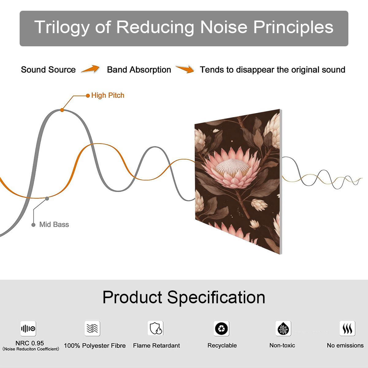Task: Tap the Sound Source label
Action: click(48, 70)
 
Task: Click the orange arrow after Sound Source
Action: click(90, 69)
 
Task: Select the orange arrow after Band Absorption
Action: click(185, 69)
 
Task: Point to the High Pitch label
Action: click(108, 95)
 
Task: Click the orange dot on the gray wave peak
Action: click(62, 110)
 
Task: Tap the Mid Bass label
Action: click(54, 224)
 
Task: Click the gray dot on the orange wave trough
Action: click(47, 199)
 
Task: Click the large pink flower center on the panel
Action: click(232, 167)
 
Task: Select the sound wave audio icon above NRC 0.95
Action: click(28, 328)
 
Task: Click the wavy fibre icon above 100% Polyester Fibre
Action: click(92, 328)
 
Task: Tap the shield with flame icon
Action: click(155, 328)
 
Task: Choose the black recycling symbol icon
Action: click(221, 328)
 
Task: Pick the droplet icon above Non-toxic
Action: click(283, 328)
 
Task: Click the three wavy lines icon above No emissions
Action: click(347, 328)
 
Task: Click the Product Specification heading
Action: click(184, 297)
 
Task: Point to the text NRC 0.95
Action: click(30, 343)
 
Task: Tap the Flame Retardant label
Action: click(156, 346)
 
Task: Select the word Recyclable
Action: click(222, 345)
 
